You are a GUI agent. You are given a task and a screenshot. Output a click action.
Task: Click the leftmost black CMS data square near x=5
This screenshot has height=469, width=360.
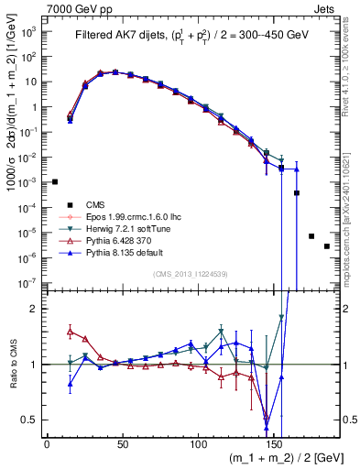point(55,181)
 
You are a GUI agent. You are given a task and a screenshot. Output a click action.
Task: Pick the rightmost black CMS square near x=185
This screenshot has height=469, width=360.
point(327,246)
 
